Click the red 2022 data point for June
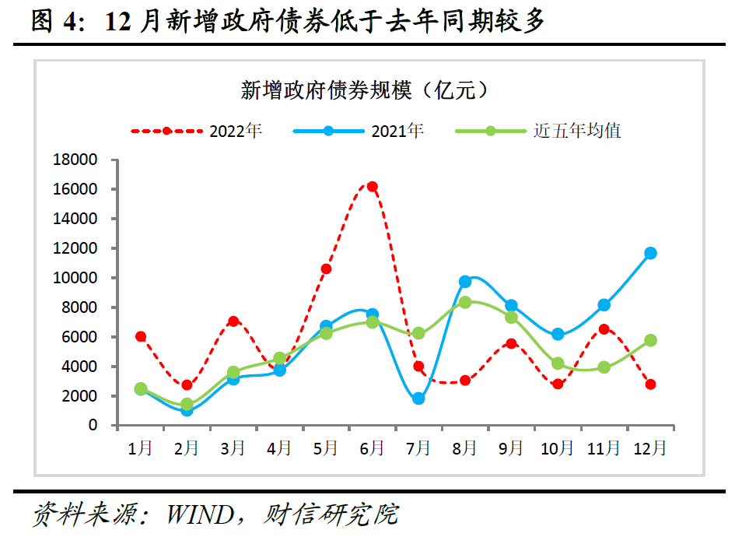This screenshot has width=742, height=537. tap(372, 187)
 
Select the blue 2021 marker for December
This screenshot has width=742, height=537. tap(650, 253)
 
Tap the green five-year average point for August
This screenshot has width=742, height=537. tap(465, 302)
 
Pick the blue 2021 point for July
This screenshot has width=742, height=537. tap(418, 398)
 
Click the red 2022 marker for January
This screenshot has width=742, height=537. tap(141, 336)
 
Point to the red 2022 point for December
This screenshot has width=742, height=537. tap(650, 384)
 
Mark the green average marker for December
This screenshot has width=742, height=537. tap(650, 340)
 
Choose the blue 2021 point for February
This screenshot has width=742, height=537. tap(187, 410)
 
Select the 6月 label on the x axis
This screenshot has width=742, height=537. tap(372, 448)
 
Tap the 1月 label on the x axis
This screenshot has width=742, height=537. tap(141, 448)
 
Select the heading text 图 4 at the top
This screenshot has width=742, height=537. tap(58, 22)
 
